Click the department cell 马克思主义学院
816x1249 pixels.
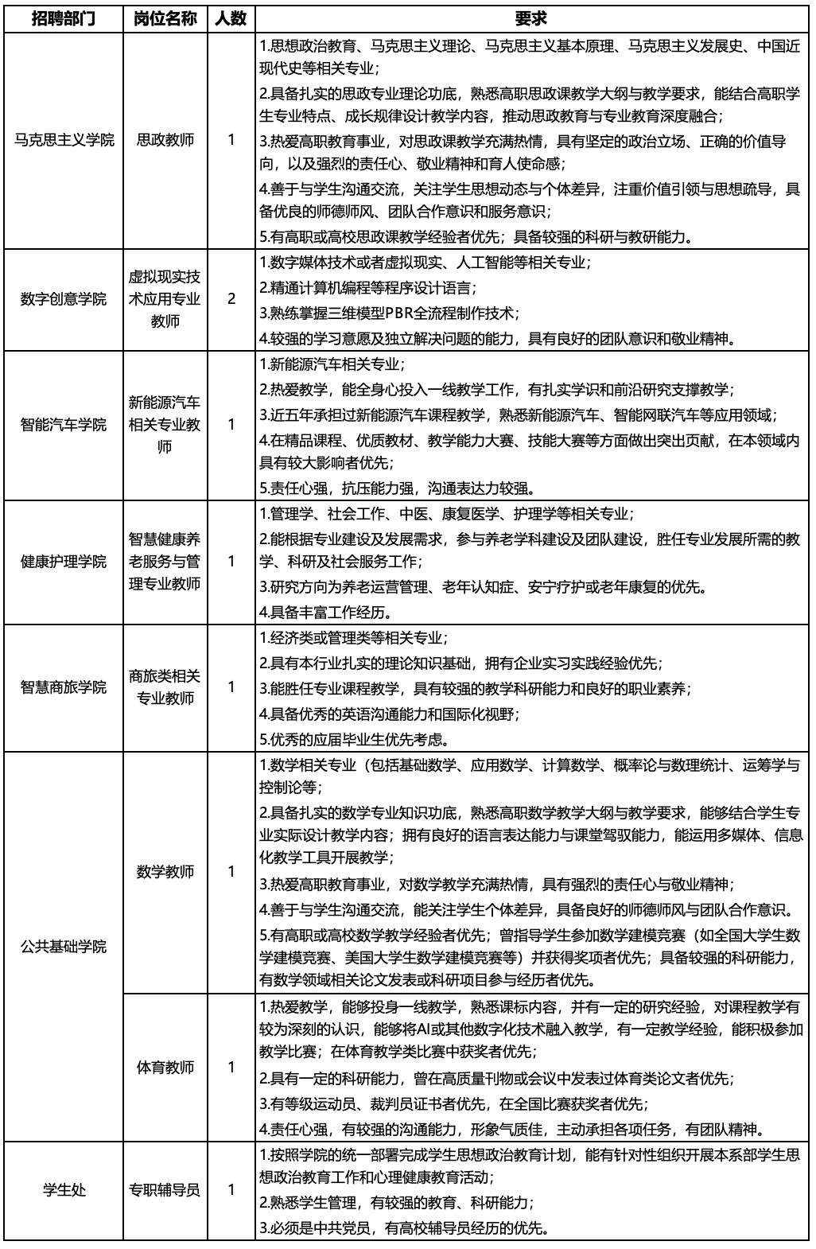[64, 140]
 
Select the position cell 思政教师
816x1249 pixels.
[165, 140]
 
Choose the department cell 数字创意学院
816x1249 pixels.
[64, 299]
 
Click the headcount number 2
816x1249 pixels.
[231, 299]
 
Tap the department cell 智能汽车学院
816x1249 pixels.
[64, 424]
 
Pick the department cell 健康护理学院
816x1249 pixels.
[64, 562]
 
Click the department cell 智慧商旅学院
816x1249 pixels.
[64, 687]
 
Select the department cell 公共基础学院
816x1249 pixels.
[64, 947]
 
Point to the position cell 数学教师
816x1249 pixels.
[165, 871]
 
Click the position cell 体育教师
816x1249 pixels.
[165, 1067]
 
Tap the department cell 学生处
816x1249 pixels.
[64, 1190]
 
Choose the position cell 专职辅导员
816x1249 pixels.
[165, 1190]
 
